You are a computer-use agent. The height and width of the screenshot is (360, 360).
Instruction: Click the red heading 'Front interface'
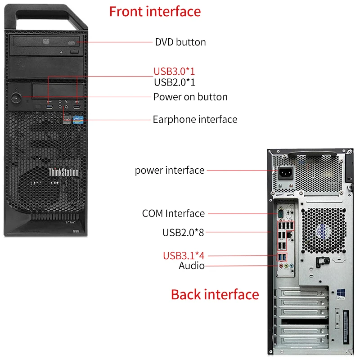click(155, 11)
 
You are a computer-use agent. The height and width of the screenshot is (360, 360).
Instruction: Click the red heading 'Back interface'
click(215, 294)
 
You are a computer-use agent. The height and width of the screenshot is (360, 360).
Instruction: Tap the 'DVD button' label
click(180, 42)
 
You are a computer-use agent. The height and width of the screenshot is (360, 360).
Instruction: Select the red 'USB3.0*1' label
click(174, 71)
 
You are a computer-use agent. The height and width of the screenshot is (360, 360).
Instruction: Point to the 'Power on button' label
click(190, 97)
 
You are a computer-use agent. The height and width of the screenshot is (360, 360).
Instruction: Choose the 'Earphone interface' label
click(195, 119)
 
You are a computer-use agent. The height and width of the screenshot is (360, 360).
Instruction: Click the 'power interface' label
click(170, 170)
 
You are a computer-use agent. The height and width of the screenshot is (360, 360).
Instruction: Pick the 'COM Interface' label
click(173, 213)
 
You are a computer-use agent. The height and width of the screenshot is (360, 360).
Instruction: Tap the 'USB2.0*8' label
click(183, 233)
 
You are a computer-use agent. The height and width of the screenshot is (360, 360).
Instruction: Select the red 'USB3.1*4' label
click(184, 256)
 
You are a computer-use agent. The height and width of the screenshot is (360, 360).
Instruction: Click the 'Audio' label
click(192, 266)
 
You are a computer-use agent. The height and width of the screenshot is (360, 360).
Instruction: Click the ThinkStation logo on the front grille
click(63, 172)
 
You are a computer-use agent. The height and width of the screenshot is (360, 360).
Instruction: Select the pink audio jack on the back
click(281, 266)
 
